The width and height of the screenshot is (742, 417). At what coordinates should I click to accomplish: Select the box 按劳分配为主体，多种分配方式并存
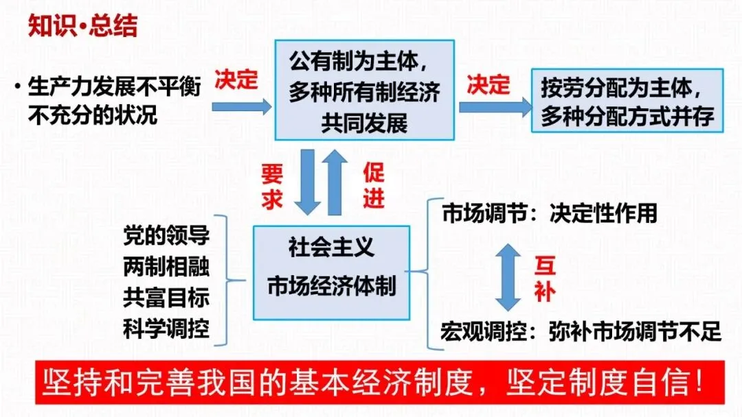click(x=627, y=100)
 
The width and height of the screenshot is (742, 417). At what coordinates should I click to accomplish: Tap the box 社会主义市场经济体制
click(x=331, y=272)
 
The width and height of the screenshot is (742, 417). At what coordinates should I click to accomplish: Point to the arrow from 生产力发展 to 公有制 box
click(x=241, y=106)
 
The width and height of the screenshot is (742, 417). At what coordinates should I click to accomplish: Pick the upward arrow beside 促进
click(x=337, y=182)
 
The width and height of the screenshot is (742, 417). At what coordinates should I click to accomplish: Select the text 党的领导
click(x=166, y=235)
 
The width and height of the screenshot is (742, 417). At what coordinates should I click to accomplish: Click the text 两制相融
click(x=166, y=267)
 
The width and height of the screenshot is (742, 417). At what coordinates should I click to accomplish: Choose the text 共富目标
click(x=166, y=298)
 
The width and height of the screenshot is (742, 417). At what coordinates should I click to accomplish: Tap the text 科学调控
click(x=166, y=331)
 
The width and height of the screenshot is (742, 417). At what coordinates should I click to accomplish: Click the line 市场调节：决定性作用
click(x=549, y=214)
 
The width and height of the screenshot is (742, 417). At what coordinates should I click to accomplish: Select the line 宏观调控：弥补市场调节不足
click(x=581, y=332)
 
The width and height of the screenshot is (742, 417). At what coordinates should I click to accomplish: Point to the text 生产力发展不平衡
click(x=114, y=88)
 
